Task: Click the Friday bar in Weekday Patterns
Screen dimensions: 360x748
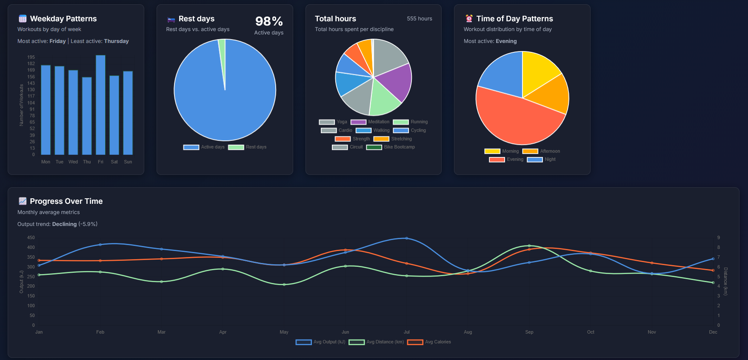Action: (100, 105)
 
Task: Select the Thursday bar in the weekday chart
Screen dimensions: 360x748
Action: (87, 116)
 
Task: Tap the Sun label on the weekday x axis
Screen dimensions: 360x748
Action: (128, 162)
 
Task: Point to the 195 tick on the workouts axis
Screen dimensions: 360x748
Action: (31, 57)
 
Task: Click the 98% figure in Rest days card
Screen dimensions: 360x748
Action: (268, 21)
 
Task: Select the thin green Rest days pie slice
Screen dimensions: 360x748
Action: (222, 51)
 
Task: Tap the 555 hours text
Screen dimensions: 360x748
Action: (419, 19)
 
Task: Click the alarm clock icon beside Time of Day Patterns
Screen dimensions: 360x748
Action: (469, 19)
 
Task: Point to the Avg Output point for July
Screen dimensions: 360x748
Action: (407, 238)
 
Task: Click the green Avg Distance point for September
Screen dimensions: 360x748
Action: (529, 246)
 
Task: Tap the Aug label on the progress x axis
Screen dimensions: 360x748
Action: (468, 332)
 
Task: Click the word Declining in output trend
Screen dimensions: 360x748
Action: (64, 224)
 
